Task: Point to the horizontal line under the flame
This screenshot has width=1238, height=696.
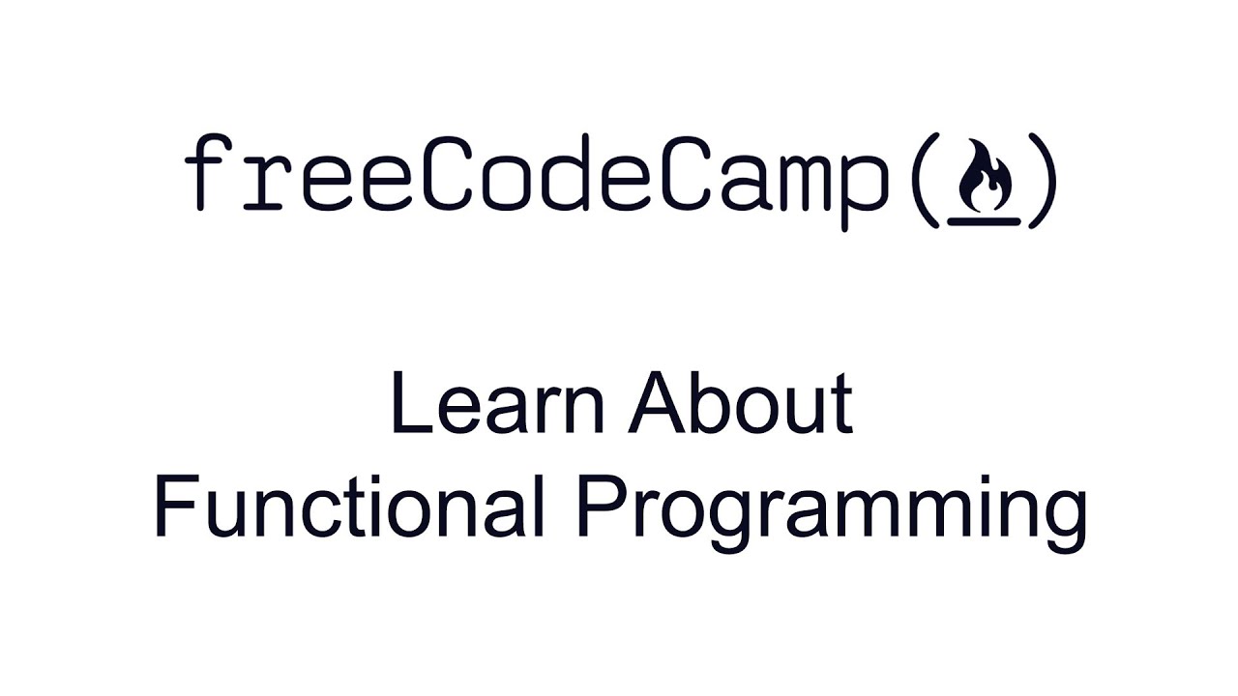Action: click(984, 220)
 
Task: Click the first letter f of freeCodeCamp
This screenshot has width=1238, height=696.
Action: click(204, 174)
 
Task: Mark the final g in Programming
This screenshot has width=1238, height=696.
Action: click(1065, 517)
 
